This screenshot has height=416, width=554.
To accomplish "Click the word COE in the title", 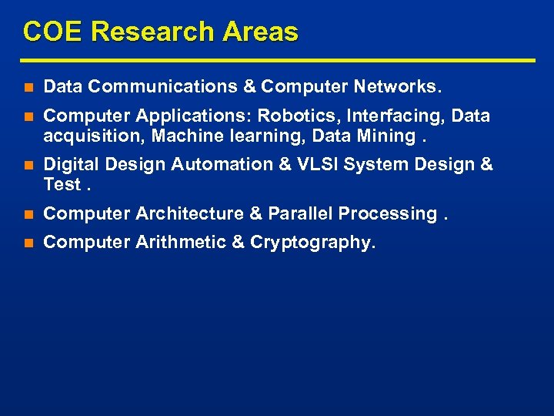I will (x=53, y=32).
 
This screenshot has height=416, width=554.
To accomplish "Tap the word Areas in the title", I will (x=261, y=32).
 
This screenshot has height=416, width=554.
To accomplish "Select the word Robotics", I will (x=292, y=116).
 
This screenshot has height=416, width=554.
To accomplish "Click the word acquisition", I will (x=94, y=136).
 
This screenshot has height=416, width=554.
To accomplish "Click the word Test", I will (x=62, y=184).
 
